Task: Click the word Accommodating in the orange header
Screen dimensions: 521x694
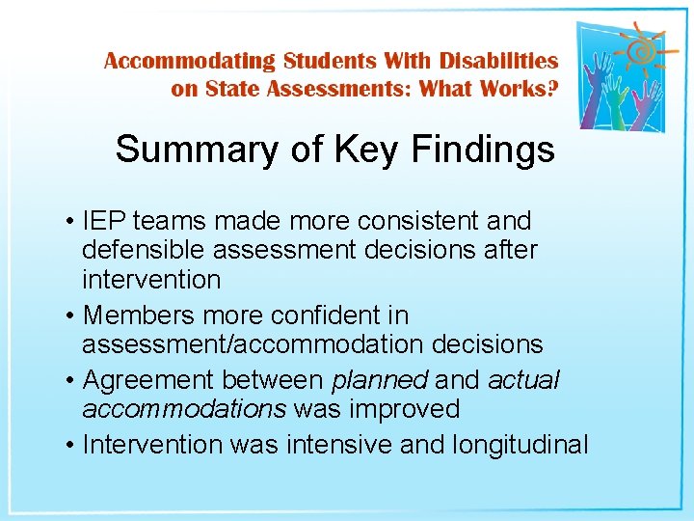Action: (190, 61)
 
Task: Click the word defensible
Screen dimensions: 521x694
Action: (144, 251)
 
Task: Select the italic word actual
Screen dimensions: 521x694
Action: (523, 380)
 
